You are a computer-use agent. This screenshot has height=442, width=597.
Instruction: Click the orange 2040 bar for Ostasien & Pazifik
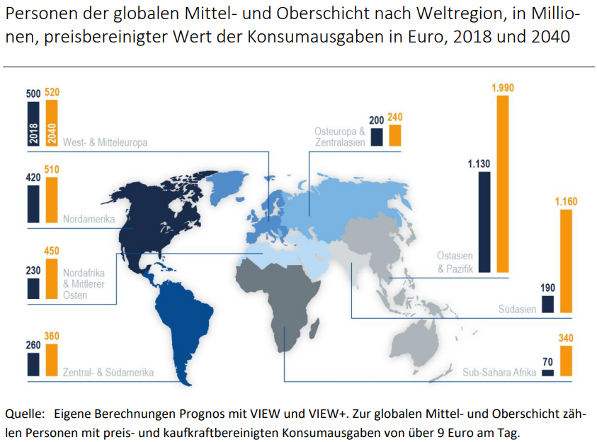coord(502,183)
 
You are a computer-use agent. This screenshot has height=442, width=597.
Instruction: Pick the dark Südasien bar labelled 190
coord(547,304)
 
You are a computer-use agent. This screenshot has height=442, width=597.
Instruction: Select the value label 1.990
coord(502,88)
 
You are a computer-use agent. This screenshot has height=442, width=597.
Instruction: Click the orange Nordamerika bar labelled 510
coord(51,200)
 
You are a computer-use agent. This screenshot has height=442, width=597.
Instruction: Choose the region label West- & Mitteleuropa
coord(105,142)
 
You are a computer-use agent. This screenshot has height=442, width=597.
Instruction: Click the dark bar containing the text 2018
coord(33,123)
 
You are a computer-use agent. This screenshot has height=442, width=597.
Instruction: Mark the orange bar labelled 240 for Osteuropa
coord(394,135)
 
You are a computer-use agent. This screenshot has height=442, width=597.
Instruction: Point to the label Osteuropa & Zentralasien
coord(340,137)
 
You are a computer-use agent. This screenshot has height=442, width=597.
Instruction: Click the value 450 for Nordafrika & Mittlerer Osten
coord(51,251)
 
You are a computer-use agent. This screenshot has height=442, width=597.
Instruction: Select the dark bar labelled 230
coord(33,288)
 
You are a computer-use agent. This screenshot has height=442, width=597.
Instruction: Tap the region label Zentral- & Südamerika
coord(108,371)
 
